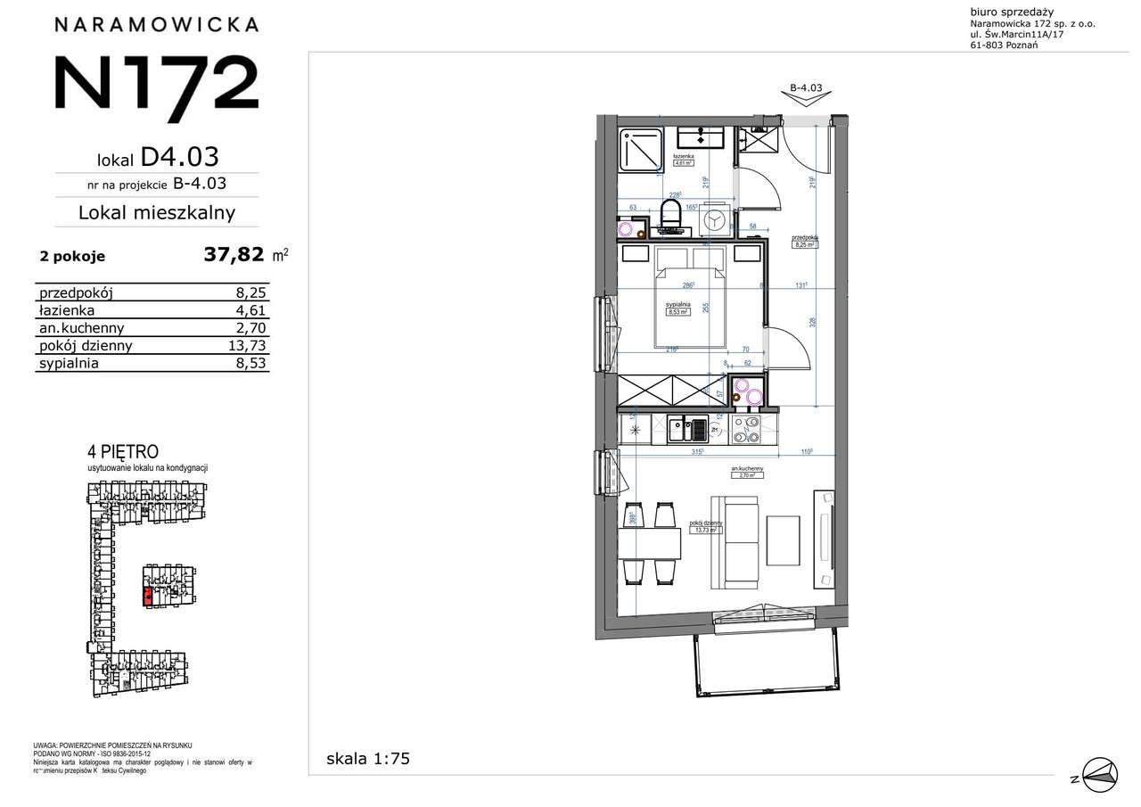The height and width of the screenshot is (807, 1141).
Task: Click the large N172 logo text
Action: [156, 82]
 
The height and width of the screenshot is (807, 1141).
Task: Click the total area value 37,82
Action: [234, 256]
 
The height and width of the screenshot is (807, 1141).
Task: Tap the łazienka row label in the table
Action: [66, 310]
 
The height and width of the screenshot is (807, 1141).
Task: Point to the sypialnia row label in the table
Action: [69, 364]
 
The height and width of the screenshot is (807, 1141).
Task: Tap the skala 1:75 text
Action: [367, 759]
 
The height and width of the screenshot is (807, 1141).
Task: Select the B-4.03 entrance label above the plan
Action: [805, 88]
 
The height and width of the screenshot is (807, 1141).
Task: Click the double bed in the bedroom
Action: [692, 299]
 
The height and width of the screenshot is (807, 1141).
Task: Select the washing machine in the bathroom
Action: [714, 220]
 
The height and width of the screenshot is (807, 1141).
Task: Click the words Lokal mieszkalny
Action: [157, 213]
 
